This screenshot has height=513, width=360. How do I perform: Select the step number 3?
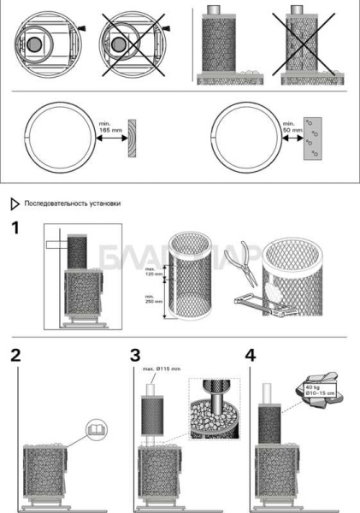coord(136,357)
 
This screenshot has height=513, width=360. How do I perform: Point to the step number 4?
coord(250,357)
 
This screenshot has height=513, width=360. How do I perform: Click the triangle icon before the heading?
coord(15,204)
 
